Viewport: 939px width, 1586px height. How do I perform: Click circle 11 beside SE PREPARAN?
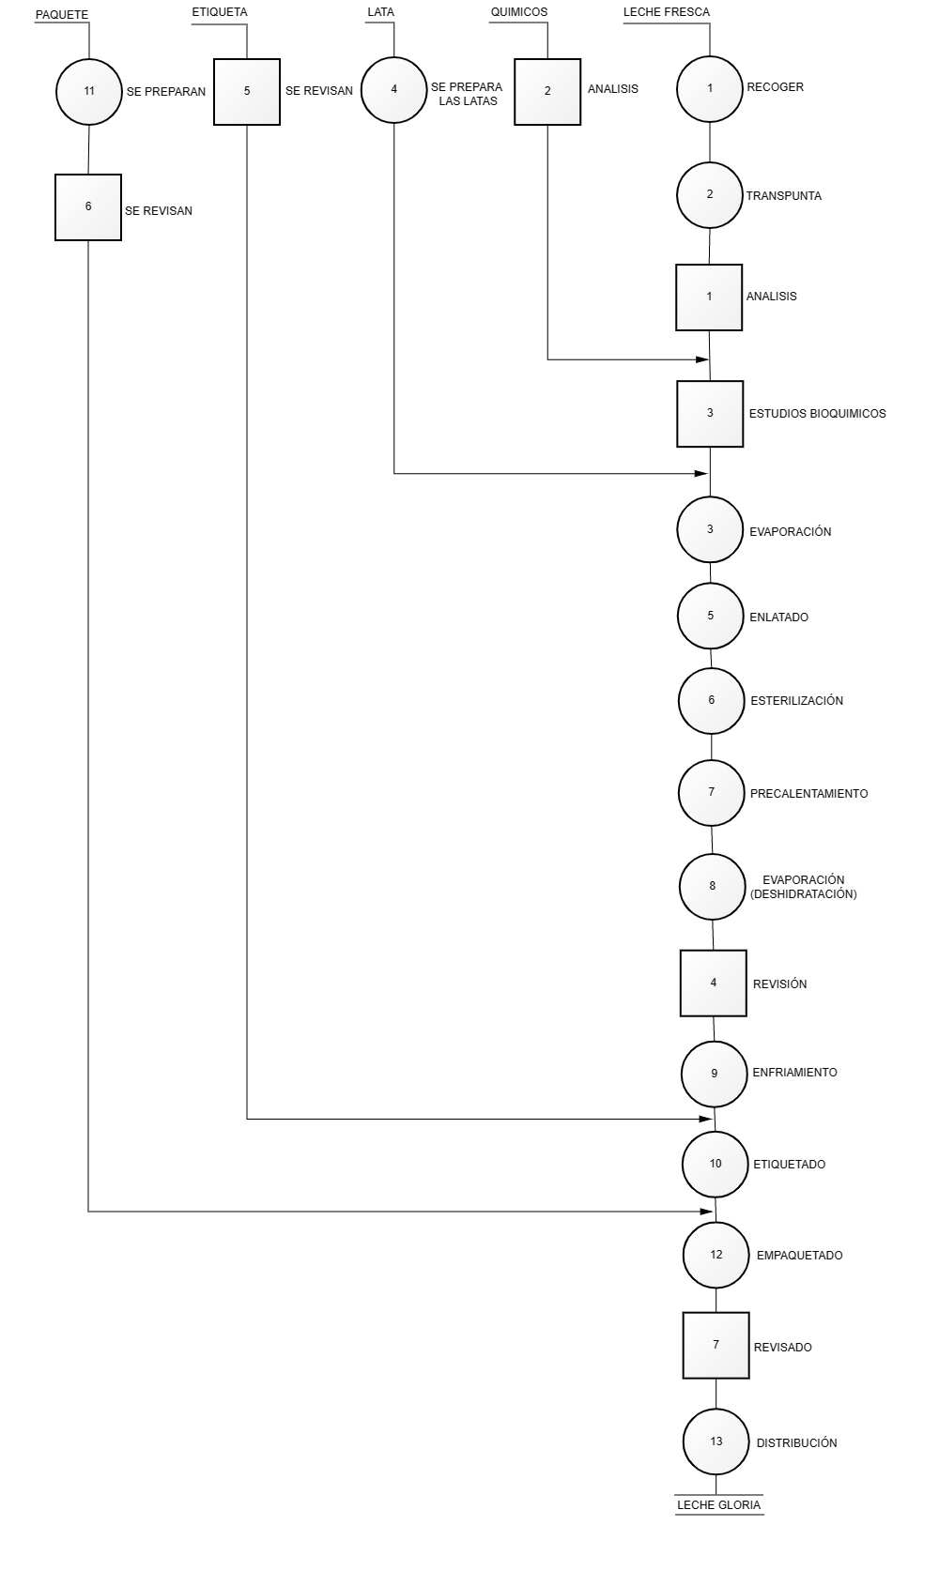tap(89, 91)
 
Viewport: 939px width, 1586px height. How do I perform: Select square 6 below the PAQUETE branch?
tap(88, 207)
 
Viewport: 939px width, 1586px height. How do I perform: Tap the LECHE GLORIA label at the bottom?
tap(718, 1505)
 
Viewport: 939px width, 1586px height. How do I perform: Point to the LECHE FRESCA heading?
tap(667, 12)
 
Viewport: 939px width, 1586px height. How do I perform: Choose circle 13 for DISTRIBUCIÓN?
tap(716, 1441)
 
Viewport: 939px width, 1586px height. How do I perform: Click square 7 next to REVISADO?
tap(716, 1345)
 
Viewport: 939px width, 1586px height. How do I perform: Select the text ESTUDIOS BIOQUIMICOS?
tap(817, 413)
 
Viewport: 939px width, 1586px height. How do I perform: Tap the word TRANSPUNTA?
tap(783, 196)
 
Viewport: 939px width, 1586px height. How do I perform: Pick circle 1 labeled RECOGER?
tap(710, 88)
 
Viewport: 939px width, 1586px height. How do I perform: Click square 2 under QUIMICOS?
tap(547, 92)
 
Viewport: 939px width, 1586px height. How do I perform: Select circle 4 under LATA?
tap(394, 89)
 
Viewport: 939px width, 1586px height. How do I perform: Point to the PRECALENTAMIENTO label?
tap(808, 794)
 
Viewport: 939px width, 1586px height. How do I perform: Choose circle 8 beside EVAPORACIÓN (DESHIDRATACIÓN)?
tap(713, 886)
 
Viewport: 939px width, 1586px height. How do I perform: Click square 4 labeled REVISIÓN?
tap(714, 983)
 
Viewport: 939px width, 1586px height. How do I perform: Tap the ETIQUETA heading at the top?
tap(220, 12)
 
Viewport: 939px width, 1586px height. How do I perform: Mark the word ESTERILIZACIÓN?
tap(796, 701)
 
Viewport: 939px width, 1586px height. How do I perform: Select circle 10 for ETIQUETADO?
tap(716, 1164)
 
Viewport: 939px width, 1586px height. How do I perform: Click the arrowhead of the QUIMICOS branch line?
tap(702, 359)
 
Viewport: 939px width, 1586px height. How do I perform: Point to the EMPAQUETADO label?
tap(799, 1256)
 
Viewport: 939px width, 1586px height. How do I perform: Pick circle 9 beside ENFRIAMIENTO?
tap(715, 1073)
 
